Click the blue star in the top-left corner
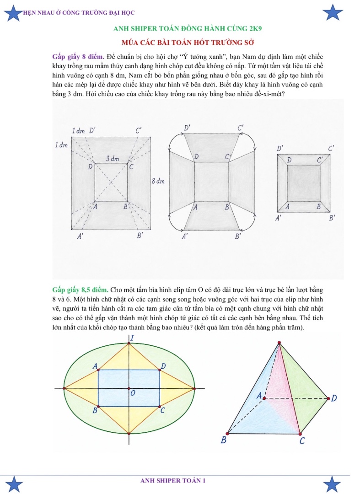pos(13,13)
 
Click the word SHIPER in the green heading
pos(144,29)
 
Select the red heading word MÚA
pos(130,43)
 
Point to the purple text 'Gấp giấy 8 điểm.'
pos(78,57)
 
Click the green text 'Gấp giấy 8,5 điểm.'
pos(81,290)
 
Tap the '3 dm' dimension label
pos(112,158)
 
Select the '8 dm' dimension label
pos(158,181)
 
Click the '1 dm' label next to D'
pos(78,131)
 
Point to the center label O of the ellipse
pos(133,393)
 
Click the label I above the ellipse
pos(132,338)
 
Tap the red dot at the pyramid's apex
pos(279,343)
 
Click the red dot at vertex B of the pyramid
pos(227,434)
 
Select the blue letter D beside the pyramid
pos(334,398)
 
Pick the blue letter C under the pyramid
pos(302,441)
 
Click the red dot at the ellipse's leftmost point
pos(64,388)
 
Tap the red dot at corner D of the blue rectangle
pos(160,370)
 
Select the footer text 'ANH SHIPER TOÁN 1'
pos(173,480)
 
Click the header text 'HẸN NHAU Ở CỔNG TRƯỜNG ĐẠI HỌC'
pos(79,13)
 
